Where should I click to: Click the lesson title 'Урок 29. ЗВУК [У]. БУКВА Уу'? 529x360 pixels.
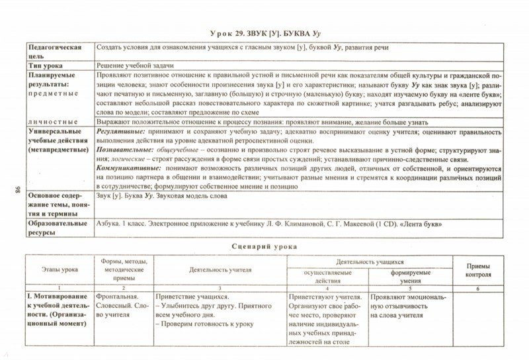coord(264,34)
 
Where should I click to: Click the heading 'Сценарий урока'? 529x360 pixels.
coord(264,246)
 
